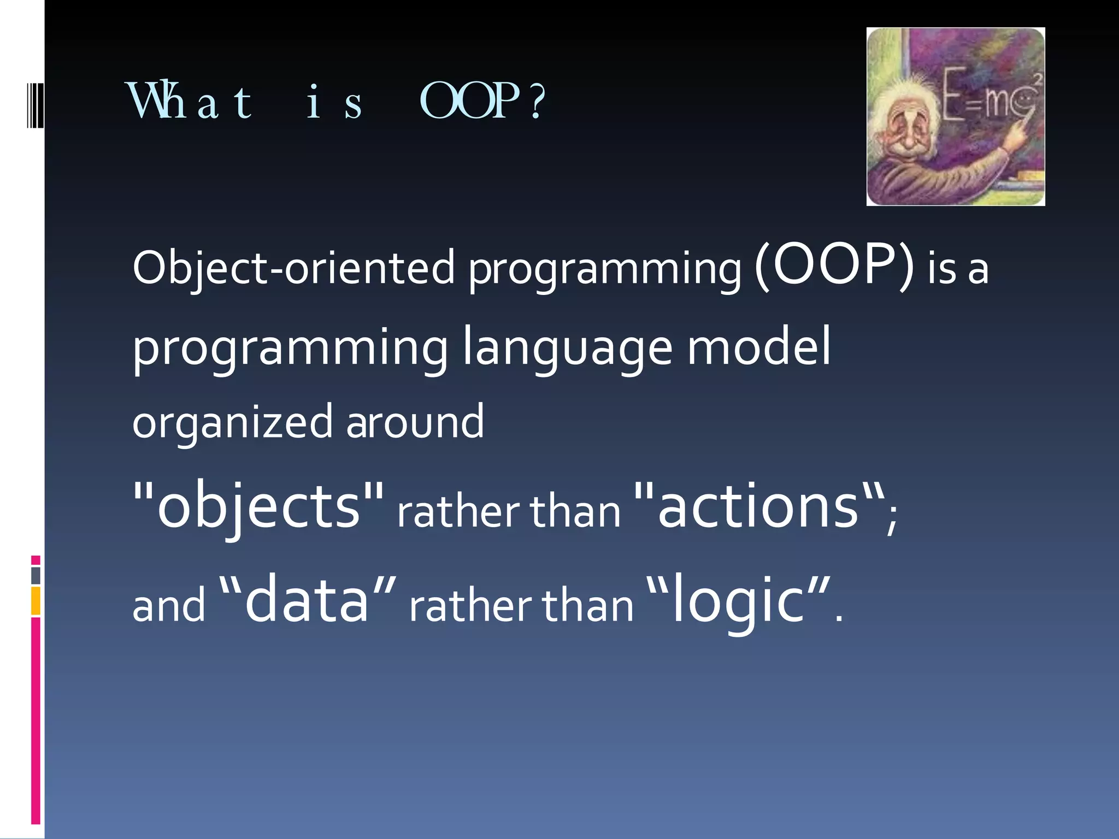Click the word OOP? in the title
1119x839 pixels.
482,102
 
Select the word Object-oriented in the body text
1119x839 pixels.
293,268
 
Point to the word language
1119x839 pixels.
567,347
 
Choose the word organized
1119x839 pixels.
232,422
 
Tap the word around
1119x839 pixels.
415,422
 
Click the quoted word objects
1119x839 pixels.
258,506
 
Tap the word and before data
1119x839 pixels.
169,606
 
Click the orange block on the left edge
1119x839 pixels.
36,601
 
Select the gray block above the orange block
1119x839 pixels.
36,575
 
